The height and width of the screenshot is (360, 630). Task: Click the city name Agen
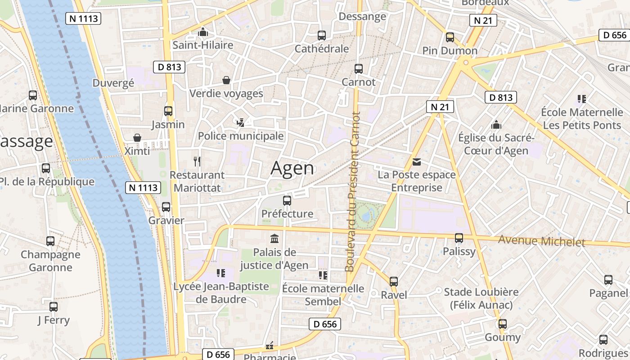click(292, 168)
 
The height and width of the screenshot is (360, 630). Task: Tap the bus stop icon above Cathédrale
click(322, 36)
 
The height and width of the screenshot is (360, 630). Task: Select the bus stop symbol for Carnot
click(359, 69)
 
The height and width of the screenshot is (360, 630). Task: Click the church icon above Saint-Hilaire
click(203, 32)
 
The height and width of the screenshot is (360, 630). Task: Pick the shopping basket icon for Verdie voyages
click(226, 80)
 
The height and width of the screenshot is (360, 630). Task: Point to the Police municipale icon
click(241, 122)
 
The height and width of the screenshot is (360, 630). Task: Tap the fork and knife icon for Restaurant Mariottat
click(197, 161)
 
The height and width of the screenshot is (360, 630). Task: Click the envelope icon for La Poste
click(417, 162)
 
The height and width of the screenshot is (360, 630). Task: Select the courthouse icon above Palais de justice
click(274, 238)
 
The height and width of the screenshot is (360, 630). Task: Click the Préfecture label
click(287, 214)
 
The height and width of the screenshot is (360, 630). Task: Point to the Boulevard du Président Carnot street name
click(353, 192)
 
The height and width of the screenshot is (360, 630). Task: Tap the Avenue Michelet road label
click(541, 241)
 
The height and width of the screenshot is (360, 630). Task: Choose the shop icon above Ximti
click(137, 138)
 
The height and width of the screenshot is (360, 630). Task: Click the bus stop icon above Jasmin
click(168, 111)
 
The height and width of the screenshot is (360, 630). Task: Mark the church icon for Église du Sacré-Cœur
click(496, 125)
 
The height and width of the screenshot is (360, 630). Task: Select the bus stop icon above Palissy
click(459, 238)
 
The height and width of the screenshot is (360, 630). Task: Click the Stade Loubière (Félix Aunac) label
click(481, 298)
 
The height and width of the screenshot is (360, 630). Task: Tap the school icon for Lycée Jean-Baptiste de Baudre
click(221, 273)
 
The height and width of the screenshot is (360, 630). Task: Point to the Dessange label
click(362, 17)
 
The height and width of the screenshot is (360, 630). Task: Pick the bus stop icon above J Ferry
click(54, 307)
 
